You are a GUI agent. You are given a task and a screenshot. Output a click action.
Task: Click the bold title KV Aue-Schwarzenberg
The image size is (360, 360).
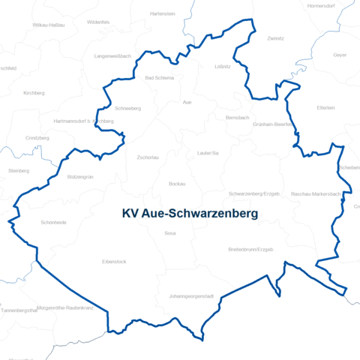(x=190, y=214)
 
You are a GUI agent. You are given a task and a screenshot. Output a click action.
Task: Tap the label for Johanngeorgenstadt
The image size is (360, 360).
(x=191, y=296)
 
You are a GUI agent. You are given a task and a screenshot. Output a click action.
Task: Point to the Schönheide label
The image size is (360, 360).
(x=54, y=223)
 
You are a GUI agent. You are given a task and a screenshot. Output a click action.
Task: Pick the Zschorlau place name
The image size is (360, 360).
(x=148, y=157)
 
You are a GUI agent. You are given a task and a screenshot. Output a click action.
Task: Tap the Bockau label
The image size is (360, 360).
(x=177, y=184)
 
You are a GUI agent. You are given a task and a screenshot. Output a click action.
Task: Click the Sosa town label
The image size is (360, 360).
(x=170, y=233)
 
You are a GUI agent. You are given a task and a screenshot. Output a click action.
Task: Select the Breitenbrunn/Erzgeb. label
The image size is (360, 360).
(x=250, y=249)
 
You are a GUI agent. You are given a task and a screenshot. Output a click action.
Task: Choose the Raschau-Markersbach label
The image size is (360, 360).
(x=316, y=193)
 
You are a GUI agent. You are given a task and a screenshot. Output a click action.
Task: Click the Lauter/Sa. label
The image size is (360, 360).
(x=208, y=153)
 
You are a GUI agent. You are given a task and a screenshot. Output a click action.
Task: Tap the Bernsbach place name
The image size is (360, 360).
(x=237, y=118)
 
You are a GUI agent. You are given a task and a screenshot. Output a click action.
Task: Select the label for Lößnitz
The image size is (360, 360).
(x=222, y=67)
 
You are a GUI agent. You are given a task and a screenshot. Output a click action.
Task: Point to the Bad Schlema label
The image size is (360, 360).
(x=159, y=77)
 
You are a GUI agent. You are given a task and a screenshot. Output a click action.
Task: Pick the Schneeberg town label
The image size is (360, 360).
(x=128, y=108)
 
